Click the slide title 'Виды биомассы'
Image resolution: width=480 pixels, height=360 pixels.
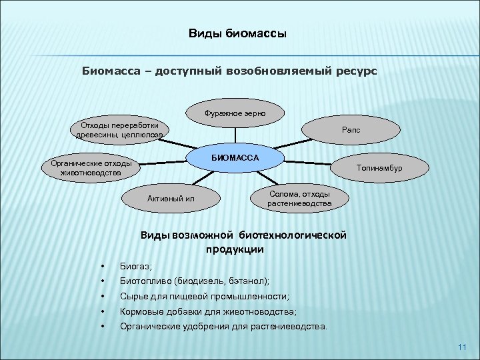[237, 34]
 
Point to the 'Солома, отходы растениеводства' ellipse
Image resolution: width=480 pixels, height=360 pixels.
[299, 198]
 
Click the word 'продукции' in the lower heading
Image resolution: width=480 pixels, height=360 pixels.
[235, 249]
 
